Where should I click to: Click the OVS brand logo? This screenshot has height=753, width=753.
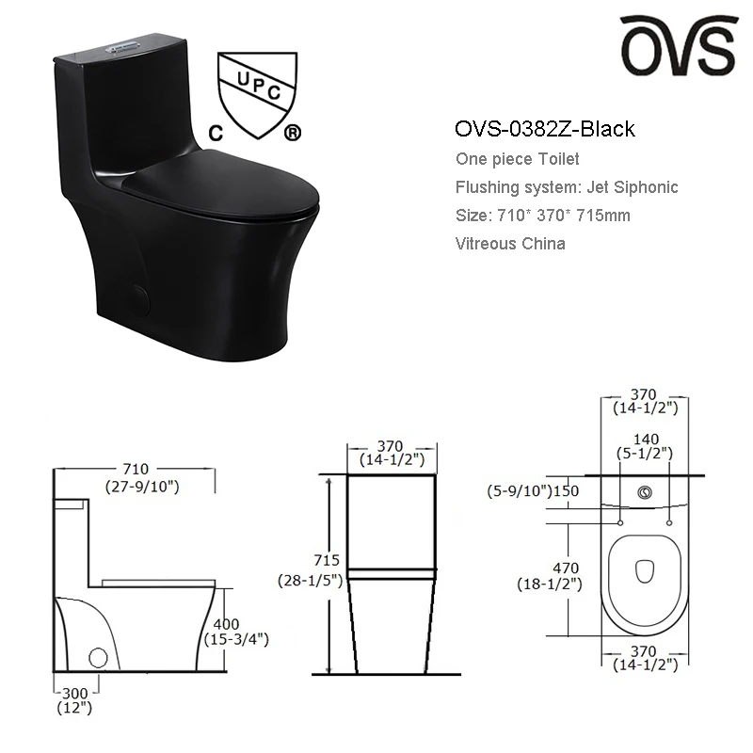pyautogui.click(x=679, y=45)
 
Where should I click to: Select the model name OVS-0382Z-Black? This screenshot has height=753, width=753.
pyautogui.click(x=545, y=129)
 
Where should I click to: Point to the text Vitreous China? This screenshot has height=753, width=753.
pyautogui.click(x=510, y=244)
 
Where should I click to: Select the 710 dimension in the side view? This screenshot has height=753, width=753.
pyautogui.click(x=136, y=469)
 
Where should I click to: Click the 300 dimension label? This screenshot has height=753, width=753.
pyautogui.click(x=75, y=694)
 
